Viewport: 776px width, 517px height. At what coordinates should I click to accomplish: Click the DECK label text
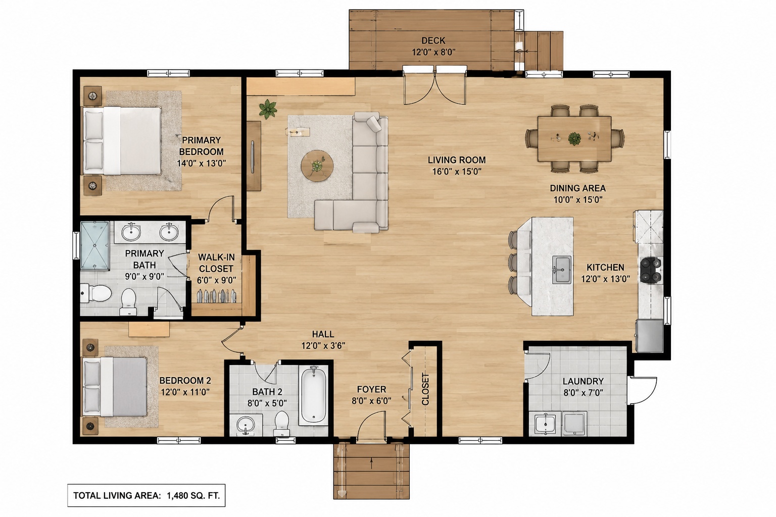pos(433,40)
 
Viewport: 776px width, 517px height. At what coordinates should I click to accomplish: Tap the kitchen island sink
pos(562,270)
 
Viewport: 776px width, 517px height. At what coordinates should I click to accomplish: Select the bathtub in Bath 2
pos(313,395)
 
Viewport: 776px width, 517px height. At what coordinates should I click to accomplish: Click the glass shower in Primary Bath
pos(94,245)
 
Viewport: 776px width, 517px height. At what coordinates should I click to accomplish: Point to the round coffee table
pos(317,166)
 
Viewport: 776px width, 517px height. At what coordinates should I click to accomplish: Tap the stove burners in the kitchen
pos(651,270)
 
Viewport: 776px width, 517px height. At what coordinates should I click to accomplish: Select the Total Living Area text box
pos(146,495)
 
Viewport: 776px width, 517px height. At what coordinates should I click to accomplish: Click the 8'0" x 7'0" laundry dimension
pos(583,393)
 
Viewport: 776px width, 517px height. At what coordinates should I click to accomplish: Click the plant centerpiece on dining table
pos(574,139)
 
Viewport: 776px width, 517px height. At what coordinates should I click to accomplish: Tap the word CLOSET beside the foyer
pos(425,389)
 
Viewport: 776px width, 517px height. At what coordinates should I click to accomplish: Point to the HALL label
pos(323,334)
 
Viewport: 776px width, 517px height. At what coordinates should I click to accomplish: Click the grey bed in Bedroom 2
pos(115,386)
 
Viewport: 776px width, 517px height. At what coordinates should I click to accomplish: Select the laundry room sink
pos(545,424)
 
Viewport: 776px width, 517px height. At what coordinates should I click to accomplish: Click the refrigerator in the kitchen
pos(649,336)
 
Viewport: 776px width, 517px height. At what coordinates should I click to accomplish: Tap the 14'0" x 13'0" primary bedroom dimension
pos(201,163)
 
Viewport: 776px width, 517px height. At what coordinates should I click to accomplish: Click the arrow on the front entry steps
pos(371,463)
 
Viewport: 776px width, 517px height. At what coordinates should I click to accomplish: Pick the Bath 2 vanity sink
pos(246,425)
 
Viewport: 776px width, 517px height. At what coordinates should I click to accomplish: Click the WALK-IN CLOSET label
pos(216,263)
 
